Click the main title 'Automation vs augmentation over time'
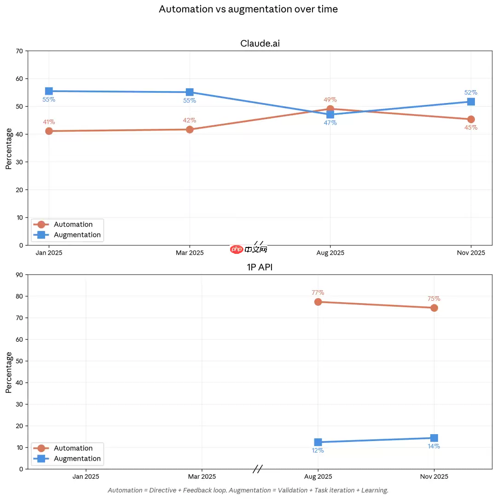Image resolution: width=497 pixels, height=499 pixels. pyautogui.click(x=248, y=9)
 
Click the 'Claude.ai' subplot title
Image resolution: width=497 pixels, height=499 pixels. pyautogui.click(x=260, y=44)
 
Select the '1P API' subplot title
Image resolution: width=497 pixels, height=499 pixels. pyautogui.click(x=260, y=267)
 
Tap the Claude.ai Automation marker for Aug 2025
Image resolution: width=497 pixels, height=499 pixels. pyautogui.click(x=330, y=109)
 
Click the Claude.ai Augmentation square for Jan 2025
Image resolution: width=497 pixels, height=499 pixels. pyautogui.click(x=49, y=91)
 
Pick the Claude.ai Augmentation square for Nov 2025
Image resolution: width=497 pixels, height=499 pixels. pyautogui.click(x=471, y=101)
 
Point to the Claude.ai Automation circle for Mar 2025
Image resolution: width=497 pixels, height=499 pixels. pyautogui.click(x=190, y=129)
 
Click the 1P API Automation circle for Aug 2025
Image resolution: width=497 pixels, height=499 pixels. pyautogui.click(x=318, y=302)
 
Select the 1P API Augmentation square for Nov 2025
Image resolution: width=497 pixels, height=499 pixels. pyautogui.click(x=434, y=438)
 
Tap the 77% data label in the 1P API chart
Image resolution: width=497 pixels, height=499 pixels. pyautogui.click(x=318, y=293)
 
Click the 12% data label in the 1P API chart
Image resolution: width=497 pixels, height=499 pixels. pyautogui.click(x=318, y=451)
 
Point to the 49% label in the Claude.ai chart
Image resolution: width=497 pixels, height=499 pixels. pyautogui.click(x=330, y=100)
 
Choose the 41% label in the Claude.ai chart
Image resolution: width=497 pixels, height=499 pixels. pyautogui.click(x=49, y=122)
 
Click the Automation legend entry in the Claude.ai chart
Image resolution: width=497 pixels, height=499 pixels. pyautogui.click(x=73, y=224)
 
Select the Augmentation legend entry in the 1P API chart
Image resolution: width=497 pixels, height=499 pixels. pyautogui.click(x=77, y=459)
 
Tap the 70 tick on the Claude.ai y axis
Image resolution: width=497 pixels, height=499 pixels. pyautogui.click(x=19, y=51)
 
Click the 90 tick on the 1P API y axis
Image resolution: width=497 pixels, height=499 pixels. pyautogui.click(x=19, y=275)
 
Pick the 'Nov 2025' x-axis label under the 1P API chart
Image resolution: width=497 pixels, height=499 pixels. pyautogui.click(x=434, y=477)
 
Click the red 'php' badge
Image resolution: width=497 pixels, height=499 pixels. pyautogui.click(x=237, y=249)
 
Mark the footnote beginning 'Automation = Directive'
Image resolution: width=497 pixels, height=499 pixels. pyautogui.click(x=248, y=490)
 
